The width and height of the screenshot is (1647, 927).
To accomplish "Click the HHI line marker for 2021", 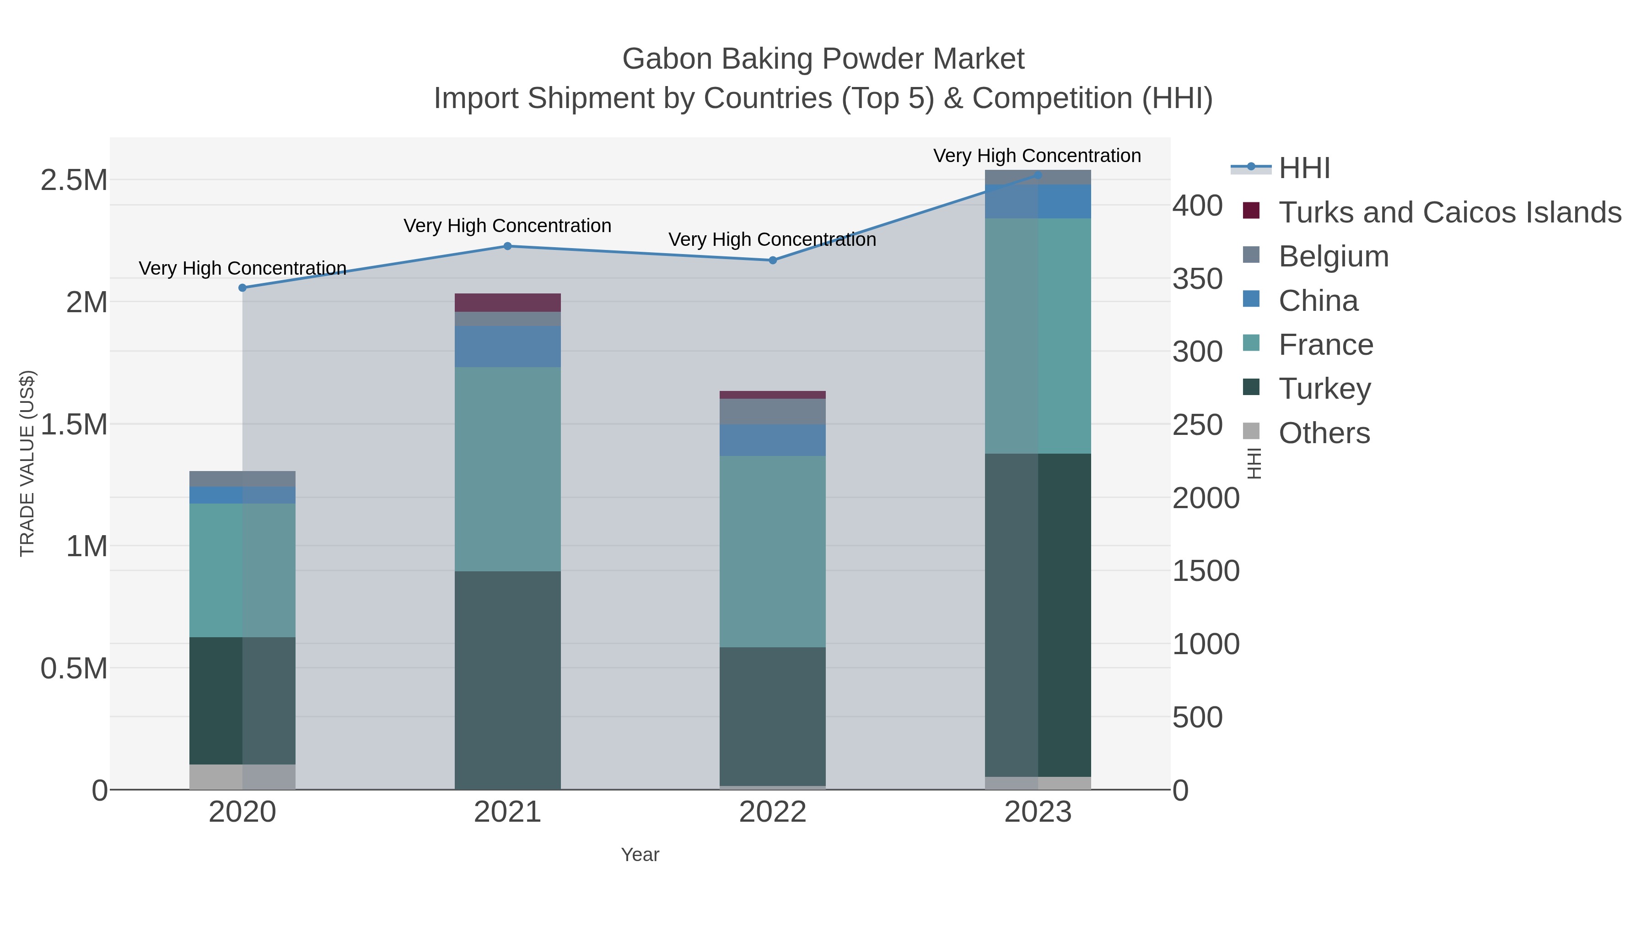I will [x=508, y=246].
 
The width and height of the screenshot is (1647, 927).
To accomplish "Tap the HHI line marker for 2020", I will [x=242, y=288].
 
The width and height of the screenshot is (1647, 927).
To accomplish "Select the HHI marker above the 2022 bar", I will [x=772, y=260].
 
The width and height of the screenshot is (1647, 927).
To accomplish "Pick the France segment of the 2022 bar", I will [x=772, y=552].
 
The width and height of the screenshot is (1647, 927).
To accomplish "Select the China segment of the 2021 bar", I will [x=508, y=346].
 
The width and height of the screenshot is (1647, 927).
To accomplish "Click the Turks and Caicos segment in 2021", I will [x=508, y=303].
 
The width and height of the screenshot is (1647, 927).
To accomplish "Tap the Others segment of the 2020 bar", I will [x=242, y=777].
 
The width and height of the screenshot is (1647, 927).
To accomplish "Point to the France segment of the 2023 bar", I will [x=1038, y=336].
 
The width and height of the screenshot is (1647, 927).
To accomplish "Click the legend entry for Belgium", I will [x=1333, y=256].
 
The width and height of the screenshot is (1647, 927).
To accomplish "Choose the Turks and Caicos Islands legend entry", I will [x=1449, y=212].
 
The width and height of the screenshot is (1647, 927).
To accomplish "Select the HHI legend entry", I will [x=1304, y=168].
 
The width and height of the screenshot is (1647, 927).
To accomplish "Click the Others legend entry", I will [x=1324, y=433].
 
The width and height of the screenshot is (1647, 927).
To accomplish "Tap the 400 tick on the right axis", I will [x=1197, y=206].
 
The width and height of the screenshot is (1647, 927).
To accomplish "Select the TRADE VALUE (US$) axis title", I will [x=27, y=463].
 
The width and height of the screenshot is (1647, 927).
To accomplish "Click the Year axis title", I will [x=640, y=855].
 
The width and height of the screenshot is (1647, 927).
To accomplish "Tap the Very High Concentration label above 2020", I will [x=242, y=268].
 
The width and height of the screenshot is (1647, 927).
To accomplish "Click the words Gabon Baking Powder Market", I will [x=823, y=59].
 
